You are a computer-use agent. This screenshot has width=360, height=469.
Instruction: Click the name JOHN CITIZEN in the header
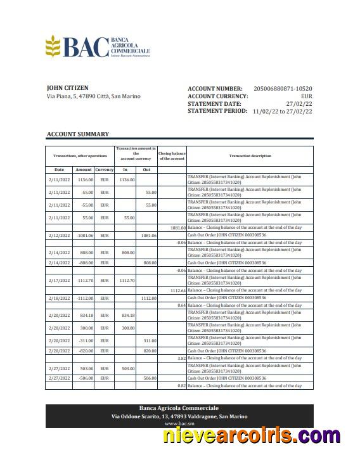pos(68,88)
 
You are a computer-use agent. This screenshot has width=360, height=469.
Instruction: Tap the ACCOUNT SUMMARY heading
pos(77,134)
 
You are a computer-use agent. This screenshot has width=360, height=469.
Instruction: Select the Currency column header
pos(105,170)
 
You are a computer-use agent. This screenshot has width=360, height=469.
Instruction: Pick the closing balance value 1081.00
pos(177,228)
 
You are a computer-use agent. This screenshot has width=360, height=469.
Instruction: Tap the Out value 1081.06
pos(148,235)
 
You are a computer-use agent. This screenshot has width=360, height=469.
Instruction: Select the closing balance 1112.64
pos(177,290)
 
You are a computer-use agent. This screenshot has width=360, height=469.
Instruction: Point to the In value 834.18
pos(128,315)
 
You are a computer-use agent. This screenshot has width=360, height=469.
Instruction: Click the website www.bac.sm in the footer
pos(179,423)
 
